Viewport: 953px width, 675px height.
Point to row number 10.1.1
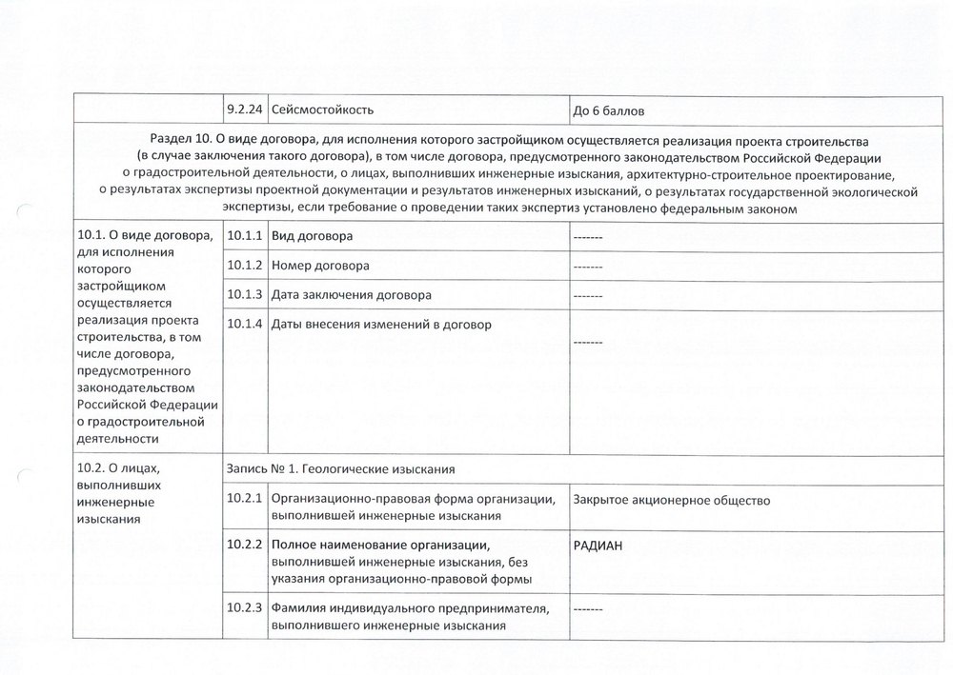245,235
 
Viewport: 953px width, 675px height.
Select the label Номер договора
320,266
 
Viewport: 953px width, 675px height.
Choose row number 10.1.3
245,295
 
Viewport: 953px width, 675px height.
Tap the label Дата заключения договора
352,295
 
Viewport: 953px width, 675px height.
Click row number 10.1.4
245,325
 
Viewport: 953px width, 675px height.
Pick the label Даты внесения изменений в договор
381,325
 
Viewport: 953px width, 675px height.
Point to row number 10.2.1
245,499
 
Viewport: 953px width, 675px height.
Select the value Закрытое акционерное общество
672,500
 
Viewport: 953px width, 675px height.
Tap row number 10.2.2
245,545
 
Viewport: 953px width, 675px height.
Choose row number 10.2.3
245,609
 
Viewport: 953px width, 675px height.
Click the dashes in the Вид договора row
588,236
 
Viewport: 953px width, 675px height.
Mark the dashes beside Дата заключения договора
588,296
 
